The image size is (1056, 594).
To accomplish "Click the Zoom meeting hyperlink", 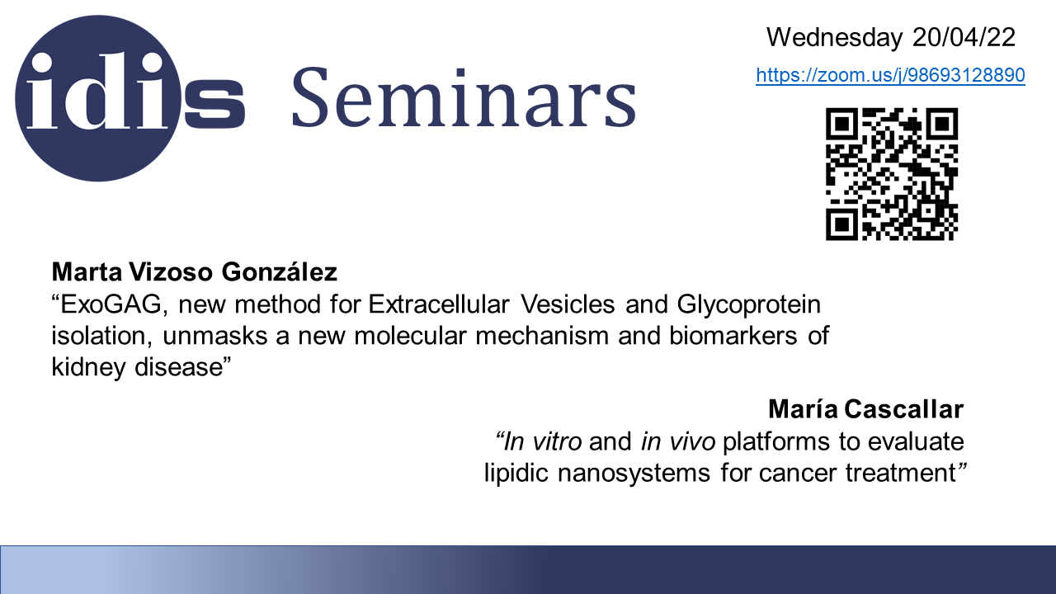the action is click(890, 75).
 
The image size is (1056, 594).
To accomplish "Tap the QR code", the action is click(892, 174).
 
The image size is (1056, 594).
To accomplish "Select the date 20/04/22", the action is click(964, 37).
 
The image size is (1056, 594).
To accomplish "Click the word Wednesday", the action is click(834, 38).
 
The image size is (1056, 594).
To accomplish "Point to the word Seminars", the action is click(464, 97).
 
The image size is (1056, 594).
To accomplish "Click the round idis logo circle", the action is click(98, 98).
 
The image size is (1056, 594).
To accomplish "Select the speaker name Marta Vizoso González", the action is click(194, 272).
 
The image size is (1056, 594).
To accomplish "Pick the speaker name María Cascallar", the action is click(866, 408).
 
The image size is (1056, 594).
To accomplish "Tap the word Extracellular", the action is click(439, 304).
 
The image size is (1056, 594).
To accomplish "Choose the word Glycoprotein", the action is click(749, 305).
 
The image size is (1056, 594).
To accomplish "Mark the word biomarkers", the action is click(733, 336).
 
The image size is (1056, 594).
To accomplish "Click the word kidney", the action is click(88, 368).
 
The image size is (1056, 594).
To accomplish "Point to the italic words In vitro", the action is click(539, 441).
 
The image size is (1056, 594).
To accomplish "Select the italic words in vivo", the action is click(678, 441).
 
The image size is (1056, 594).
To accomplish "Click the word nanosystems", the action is click(634, 474).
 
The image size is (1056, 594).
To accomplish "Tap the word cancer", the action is click(798, 474).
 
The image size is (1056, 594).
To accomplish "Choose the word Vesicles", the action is click(568, 304).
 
